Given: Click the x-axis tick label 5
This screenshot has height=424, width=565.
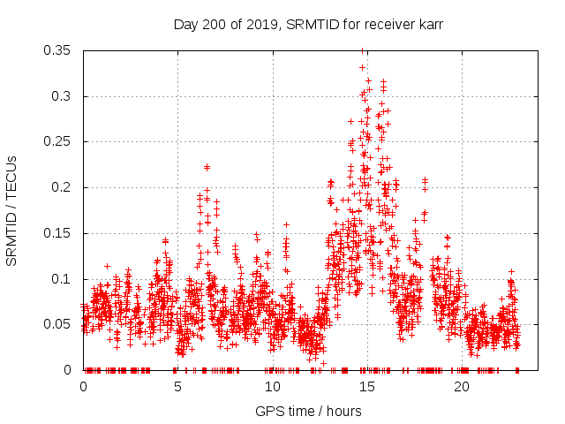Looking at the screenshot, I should (x=177, y=387).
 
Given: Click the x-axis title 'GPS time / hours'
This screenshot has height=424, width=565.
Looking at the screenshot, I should (x=308, y=411).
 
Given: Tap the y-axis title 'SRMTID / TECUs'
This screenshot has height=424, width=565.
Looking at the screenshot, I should (x=11, y=211).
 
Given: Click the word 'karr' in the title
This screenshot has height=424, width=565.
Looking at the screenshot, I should (x=429, y=25).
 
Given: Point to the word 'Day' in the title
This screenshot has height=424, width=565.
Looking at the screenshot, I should (x=185, y=25).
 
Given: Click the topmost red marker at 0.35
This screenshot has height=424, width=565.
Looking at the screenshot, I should (x=362, y=51).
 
